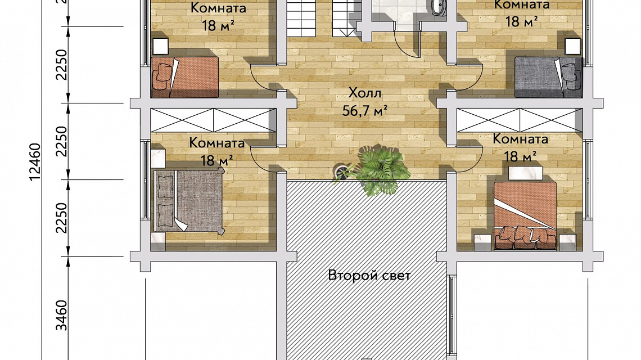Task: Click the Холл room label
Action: [x=365, y=93]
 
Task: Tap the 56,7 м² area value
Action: [x=365, y=110]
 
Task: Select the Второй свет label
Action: [x=369, y=275]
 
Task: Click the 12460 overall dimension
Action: [x=35, y=161]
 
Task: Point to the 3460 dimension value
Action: [x=61, y=316]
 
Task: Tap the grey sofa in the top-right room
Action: [x=548, y=77]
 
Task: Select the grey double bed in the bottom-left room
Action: [x=189, y=202]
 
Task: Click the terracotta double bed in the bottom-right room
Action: [x=525, y=215]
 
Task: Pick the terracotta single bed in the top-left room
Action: [x=185, y=77]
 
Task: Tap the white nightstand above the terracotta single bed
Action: [x=161, y=46]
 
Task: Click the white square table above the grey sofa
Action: [x=573, y=46]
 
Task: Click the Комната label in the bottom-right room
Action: [x=520, y=139]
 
